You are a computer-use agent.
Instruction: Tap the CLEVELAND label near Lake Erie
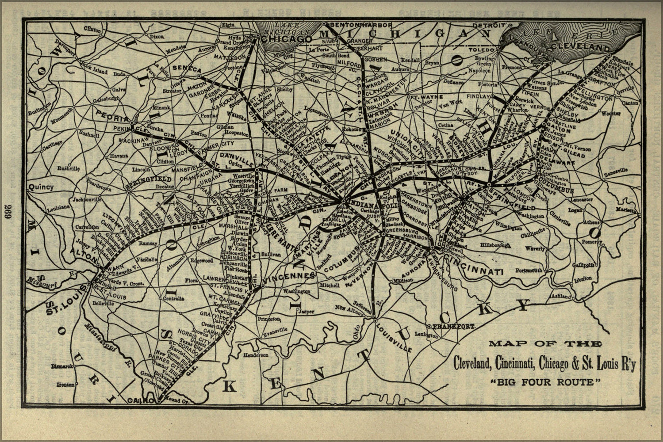pos(584,46)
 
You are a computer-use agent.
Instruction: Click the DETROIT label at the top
pos(488,25)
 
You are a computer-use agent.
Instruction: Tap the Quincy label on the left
pos(41,187)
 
